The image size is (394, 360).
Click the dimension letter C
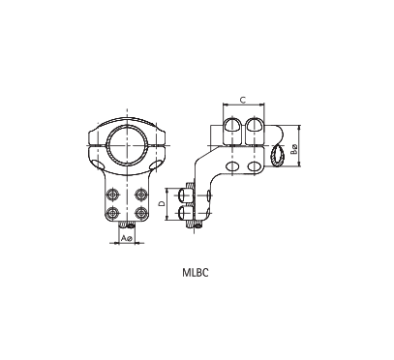(241, 99)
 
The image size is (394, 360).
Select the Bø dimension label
(294, 149)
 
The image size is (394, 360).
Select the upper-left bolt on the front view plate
(113, 192)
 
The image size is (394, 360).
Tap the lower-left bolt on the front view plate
(113, 211)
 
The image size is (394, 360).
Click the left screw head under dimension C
(232, 125)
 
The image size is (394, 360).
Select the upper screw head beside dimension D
(187, 196)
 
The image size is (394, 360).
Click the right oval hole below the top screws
(255, 168)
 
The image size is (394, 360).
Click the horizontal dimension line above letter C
(241, 105)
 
